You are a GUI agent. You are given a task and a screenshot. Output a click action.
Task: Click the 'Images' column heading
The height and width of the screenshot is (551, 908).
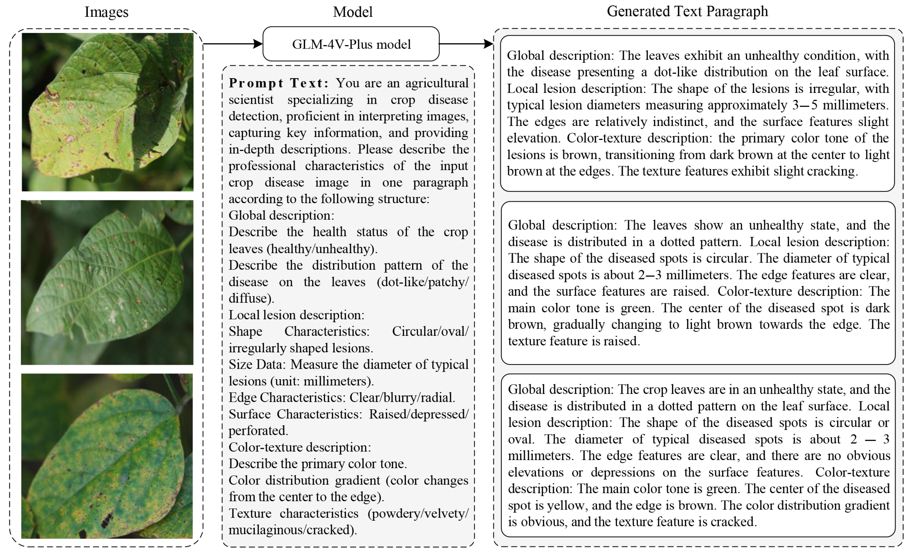click(x=106, y=12)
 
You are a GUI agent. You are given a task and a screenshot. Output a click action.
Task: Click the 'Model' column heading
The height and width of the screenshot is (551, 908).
click(x=353, y=12)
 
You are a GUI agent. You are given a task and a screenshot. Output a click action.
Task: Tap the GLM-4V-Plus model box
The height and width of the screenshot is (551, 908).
click(x=351, y=44)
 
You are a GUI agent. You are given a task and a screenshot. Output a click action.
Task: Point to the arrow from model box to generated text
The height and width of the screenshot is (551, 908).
click(x=466, y=44)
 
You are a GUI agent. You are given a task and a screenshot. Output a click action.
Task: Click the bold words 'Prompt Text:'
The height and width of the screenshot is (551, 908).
click(x=278, y=83)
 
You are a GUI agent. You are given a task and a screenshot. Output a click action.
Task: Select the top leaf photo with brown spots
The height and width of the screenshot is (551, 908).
click(x=107, y=112)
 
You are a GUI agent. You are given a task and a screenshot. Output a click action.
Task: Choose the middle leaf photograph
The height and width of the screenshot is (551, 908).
click(x=107, y=283)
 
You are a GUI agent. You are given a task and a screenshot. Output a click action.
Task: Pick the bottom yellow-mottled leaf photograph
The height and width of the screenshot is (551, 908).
click(x=107, y=456)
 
